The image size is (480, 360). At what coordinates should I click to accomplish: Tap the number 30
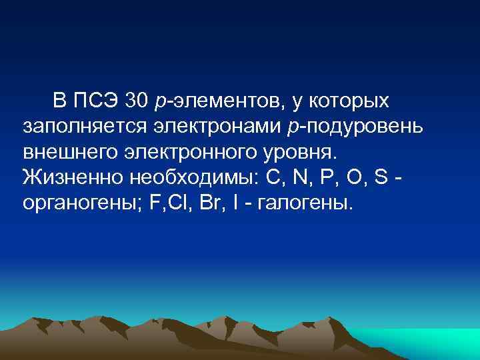point(138,101)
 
